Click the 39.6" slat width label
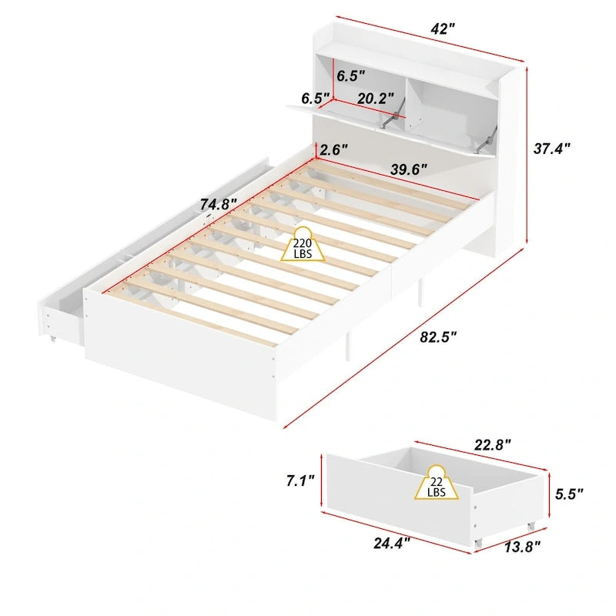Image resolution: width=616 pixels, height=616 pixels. pos(408,169)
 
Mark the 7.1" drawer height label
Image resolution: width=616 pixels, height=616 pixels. pos(300,481)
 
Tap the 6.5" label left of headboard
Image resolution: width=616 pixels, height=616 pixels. pos(315,99)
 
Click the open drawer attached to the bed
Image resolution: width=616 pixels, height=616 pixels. pos(62,312)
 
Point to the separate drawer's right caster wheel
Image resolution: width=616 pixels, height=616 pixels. pos(530,526)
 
